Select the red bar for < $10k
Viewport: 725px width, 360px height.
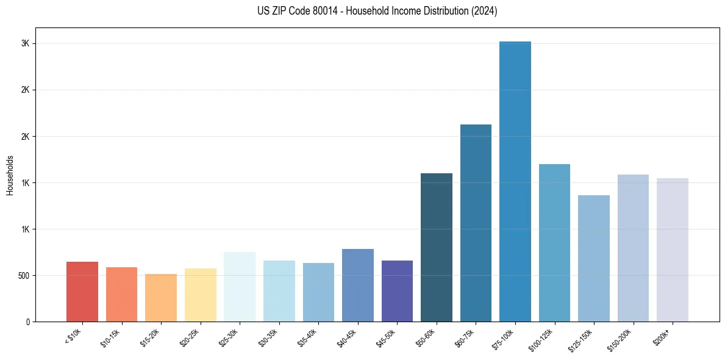[x=82, y=292]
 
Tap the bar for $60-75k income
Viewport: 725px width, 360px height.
[x=476, y=223]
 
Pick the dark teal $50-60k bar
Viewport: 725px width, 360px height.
[x=437, y=247]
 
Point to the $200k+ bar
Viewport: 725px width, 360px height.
[x=673, y=250]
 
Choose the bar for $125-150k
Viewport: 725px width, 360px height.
[x=594, y=258]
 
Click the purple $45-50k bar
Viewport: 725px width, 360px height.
[x=397, y=291]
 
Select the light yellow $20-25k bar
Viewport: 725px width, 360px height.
[x=201, y=295]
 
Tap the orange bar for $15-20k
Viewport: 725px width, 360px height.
[x=161, y=298]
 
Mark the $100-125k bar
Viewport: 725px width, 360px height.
[x=554, y=243]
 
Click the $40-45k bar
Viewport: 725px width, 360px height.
[x=358, y=285]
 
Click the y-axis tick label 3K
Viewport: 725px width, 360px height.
[x=24, y=44]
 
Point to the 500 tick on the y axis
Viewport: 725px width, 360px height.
[x=22, y=276]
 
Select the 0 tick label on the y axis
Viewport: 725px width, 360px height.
[x=27, y=322]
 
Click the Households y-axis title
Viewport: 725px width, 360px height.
[x=10, y=175]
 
